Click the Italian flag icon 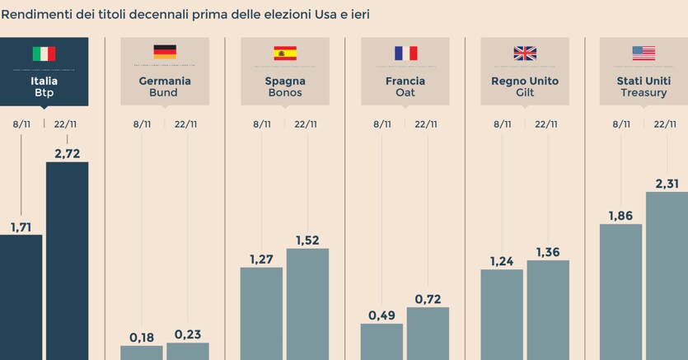pos(44,54)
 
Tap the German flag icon pos(165,53)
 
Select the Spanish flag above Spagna pos(285,54)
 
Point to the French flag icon pos(405,54)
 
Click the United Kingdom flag pos(525,54)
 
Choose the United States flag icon pos(644,54)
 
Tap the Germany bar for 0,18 pos(142,352)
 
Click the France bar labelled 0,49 pos(381,341)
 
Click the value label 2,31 pos(667,184)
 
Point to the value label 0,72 pos(427,298)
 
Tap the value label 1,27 pos(261,259)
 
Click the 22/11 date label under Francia pos(426,124)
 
